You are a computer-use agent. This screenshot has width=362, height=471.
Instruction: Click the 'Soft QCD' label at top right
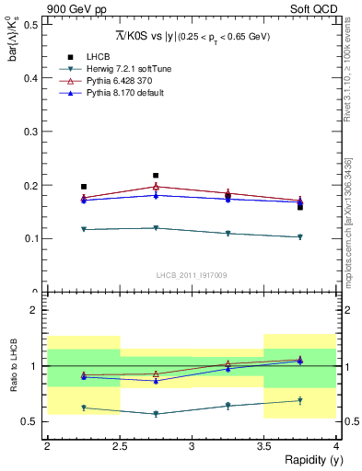pos(313,10)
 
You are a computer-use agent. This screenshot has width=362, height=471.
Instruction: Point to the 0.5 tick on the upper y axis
pos(34,24)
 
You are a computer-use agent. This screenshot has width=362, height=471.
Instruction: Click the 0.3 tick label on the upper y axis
pos(34,132)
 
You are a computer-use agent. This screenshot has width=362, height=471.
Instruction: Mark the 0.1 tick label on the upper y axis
pos(34,239)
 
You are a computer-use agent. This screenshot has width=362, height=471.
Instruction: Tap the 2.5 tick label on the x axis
pos(119,445)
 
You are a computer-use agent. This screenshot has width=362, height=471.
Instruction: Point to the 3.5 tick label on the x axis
pos(263,445)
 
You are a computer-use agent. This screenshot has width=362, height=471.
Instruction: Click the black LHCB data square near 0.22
pos(156,175)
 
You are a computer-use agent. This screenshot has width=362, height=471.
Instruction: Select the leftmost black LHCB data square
pos(84,187)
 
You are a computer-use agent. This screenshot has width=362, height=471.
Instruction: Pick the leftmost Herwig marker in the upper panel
pos(84,229)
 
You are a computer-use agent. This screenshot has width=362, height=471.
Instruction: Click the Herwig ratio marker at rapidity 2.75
pos(156,414)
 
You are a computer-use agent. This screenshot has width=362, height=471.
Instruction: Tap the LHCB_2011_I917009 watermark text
pos(191,274)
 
